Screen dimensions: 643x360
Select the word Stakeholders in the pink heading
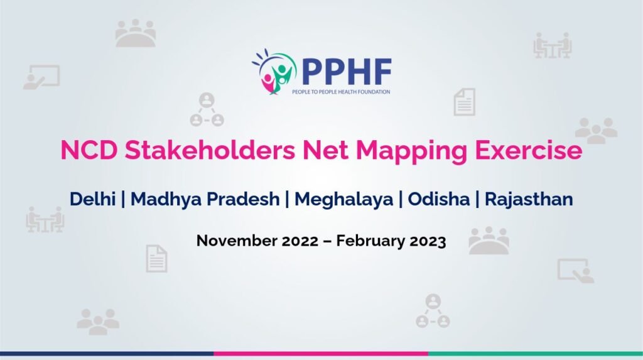(x=210, y=150)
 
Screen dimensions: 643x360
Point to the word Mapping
(x=412, y=151)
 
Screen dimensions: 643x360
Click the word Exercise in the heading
(x=529, y=150)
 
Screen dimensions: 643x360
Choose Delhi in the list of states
(x=92, y=199)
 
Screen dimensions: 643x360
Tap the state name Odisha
(x=439, y=199)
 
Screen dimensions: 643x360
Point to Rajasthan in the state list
(x=529, y=199)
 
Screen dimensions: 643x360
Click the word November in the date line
(x=237, y=241)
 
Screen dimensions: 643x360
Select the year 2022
(x=300, y=241)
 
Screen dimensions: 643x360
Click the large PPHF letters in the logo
(x=347, y=72)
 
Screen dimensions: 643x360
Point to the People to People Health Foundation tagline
(x=341, y=92)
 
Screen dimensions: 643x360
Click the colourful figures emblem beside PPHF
(x=274, y=72)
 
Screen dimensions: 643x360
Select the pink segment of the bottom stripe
(x=321, y=354)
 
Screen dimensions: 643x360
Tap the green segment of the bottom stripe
(x=536, y=354)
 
